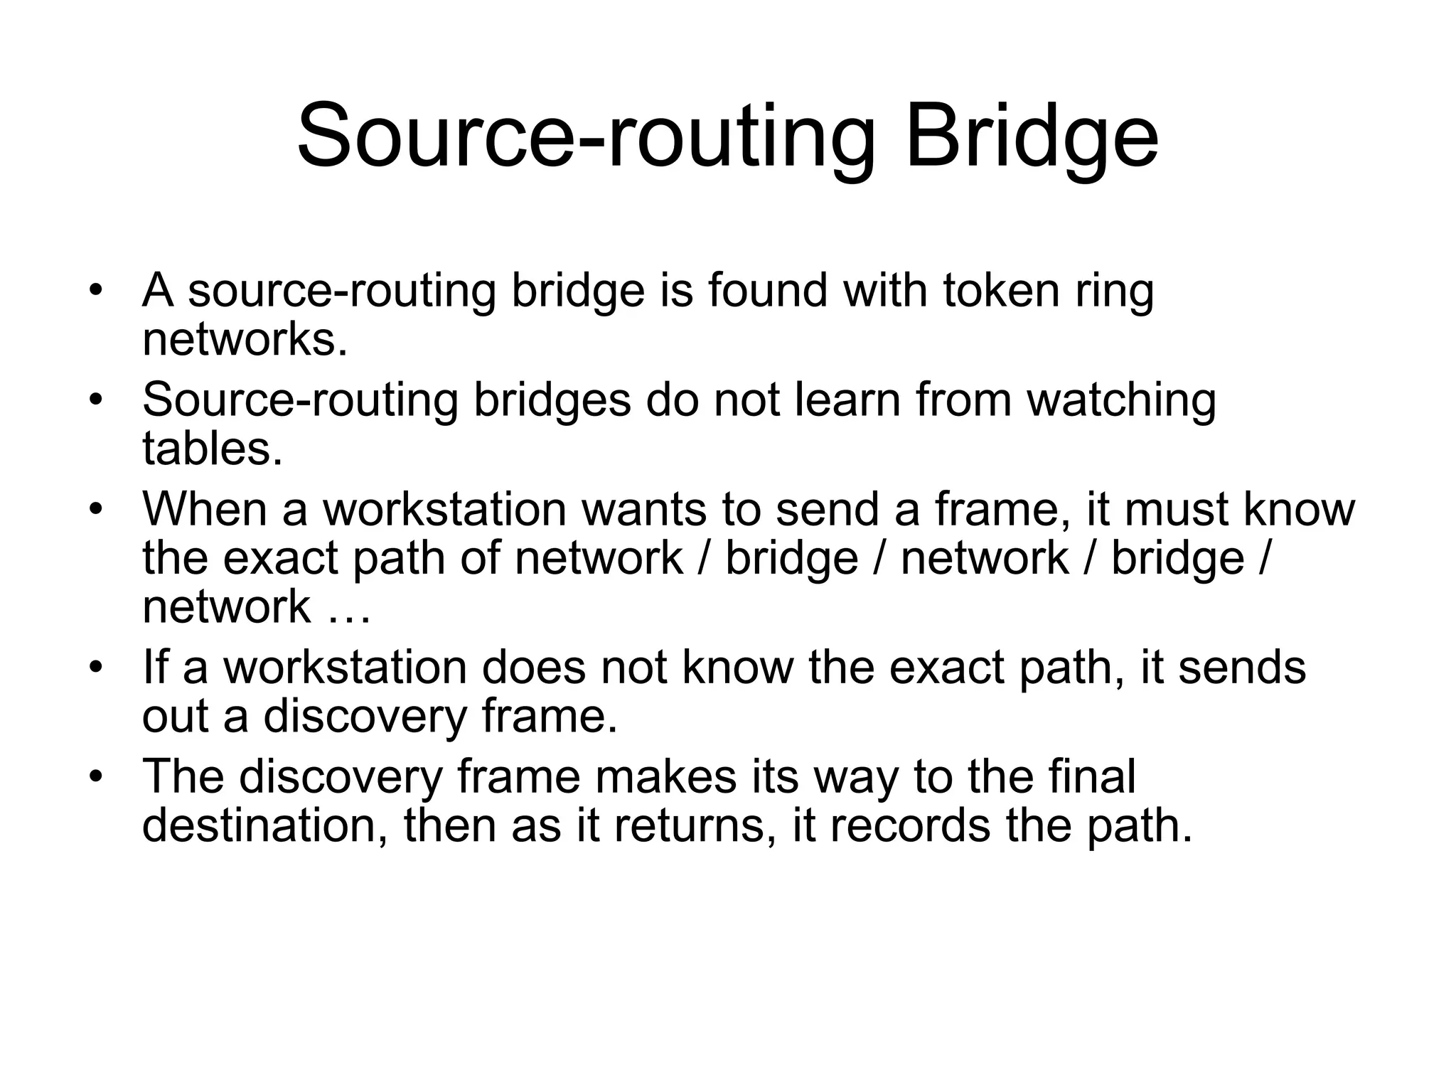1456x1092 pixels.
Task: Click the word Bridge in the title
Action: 1032,135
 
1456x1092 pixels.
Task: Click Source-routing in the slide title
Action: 585,135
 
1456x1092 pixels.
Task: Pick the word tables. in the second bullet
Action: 213,449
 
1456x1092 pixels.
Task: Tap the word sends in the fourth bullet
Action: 1242,668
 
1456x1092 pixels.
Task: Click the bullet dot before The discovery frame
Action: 97,776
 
